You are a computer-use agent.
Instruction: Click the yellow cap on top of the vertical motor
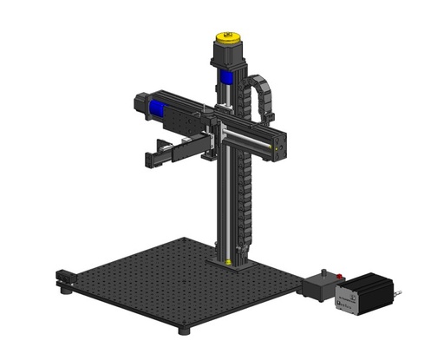(228, 39)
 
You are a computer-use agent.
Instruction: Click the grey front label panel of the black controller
(348, 299)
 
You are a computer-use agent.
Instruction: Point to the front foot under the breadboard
(183, 330)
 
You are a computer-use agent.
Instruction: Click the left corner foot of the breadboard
(68, 291)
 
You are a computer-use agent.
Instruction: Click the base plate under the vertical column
(229, 262)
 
